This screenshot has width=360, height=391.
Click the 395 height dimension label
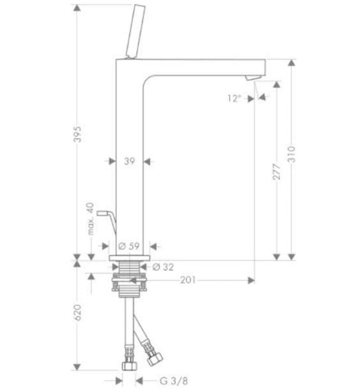pyautogui.click(x=78, y=134)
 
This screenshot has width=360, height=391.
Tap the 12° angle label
pyautogui.click(x=234, y=98)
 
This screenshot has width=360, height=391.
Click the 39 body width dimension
pyautogui.click(x=129, y=161)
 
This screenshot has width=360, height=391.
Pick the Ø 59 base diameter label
pyautogui.click(x=130, y=246)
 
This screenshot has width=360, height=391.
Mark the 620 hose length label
pyautogui.click(x=78, y=312)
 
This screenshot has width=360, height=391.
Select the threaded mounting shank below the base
pyautogui.click(x=129, y=277)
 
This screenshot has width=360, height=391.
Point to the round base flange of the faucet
pyautogui.click(x=129, y=257)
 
